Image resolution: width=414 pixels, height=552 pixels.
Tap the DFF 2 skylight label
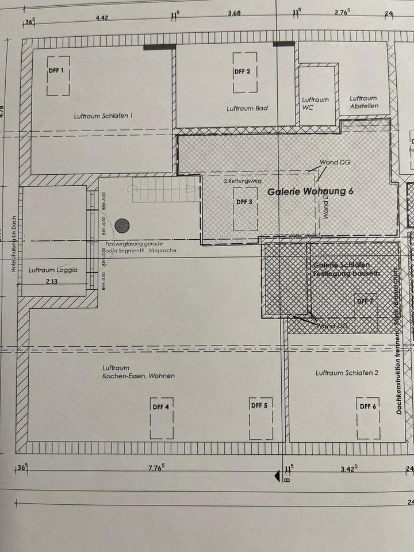pyautogui.click(x=242, y=72)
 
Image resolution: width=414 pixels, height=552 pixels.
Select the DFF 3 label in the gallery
pyautogui.click(x=244, y=202)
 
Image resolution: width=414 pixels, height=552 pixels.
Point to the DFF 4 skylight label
pyautogui.click(x=161, y=407)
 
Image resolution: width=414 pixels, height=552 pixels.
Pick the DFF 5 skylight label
pyautogui.click(x=259, y=405)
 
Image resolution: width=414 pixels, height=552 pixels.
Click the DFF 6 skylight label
pyautogui.click(x=367, y=406)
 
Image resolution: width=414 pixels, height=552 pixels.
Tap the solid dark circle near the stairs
pyautogui.click(x=121, y=225)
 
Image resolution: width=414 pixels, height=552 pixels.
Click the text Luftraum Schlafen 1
pyautogui.click(x=103, y=116)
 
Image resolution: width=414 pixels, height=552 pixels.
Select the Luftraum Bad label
pyautogui.click(x=247, y=108)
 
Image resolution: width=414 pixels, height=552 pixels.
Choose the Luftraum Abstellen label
pyautogui.click(x=364, y=102)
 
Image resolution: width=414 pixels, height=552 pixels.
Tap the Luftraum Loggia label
pyautogui.click(x=52, y=270)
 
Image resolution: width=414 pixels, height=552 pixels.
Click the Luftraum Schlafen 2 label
pyautogui.click(x=347, y=373)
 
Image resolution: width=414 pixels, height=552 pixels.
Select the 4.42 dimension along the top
pyautogui.click(x=102, y=18)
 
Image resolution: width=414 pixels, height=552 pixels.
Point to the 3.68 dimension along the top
pyautogui.click(x=235, y=13)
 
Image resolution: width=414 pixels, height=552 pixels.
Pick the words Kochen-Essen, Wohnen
pyautogui.click(x=139, y=375)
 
